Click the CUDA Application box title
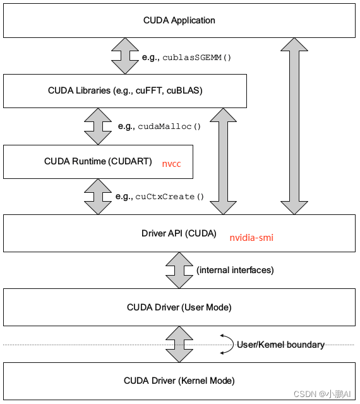(x=179, y=20)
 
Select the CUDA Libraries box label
(x=125, y=90)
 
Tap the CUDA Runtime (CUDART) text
(x=98, y=161)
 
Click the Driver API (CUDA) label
(x=179, y=233)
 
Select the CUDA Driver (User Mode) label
(x=179, y=307)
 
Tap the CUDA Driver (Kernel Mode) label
(x=179, y=381)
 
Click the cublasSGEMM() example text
(x=196, y=57)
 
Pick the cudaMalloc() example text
(x=169, y=126)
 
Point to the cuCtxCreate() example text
(x=170, y=197)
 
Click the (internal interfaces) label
(x=235, y=270)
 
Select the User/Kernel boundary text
(x=280, y=345)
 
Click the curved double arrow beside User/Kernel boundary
(x=225, y=344)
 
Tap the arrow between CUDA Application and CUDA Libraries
(x=124, y=56)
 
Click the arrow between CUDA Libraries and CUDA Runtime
(x=98, y=126)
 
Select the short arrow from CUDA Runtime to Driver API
(x=98, y=196)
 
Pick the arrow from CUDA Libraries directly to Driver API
(x=223, y=161)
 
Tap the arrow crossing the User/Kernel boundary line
(x=179, y=344)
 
